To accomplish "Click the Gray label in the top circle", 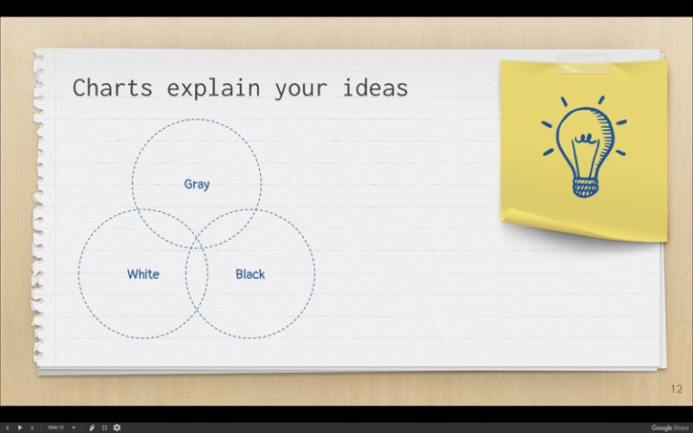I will (x=197, y=184).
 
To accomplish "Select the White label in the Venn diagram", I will (x=143, y=274).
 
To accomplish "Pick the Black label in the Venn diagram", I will (x=250, y=274).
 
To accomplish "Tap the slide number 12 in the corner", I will (x=676, y=389).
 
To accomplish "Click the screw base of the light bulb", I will (x=585, y=187).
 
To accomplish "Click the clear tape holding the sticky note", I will (x=584, y=62).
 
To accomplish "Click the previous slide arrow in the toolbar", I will (x=8, y=427).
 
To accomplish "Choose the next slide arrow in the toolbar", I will (x=32, y=427).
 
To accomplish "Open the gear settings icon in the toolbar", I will (x=116, y=427).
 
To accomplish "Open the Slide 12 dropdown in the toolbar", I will (x=61, y=427).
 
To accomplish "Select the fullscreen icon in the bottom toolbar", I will (x=104, y=427).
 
